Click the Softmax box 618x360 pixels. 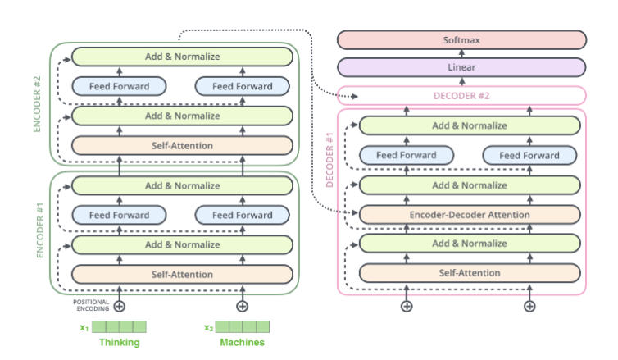tap(461, 39)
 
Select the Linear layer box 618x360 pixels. tap(461, 67)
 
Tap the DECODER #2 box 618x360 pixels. tap(461, 96)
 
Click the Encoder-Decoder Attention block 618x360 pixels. tap(470, 215)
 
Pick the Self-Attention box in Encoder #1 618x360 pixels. tap(182, 274)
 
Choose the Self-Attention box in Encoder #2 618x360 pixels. tap(182, 146)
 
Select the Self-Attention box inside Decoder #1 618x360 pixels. tap(470, 273)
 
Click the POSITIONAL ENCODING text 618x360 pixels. tap(91, 306)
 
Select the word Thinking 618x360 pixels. tap(120, 343)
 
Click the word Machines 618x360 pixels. tap(242, 343)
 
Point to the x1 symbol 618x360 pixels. tap(84, 328)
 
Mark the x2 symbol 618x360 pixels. tap(208, 328)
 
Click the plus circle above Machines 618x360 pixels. tap(243, 306)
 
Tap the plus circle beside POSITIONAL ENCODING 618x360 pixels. tap(120, 306)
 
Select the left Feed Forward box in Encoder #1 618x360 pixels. tap(120, 215)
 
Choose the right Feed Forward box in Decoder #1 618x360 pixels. tap(529, 155)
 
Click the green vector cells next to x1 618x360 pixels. tap(120, 327)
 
